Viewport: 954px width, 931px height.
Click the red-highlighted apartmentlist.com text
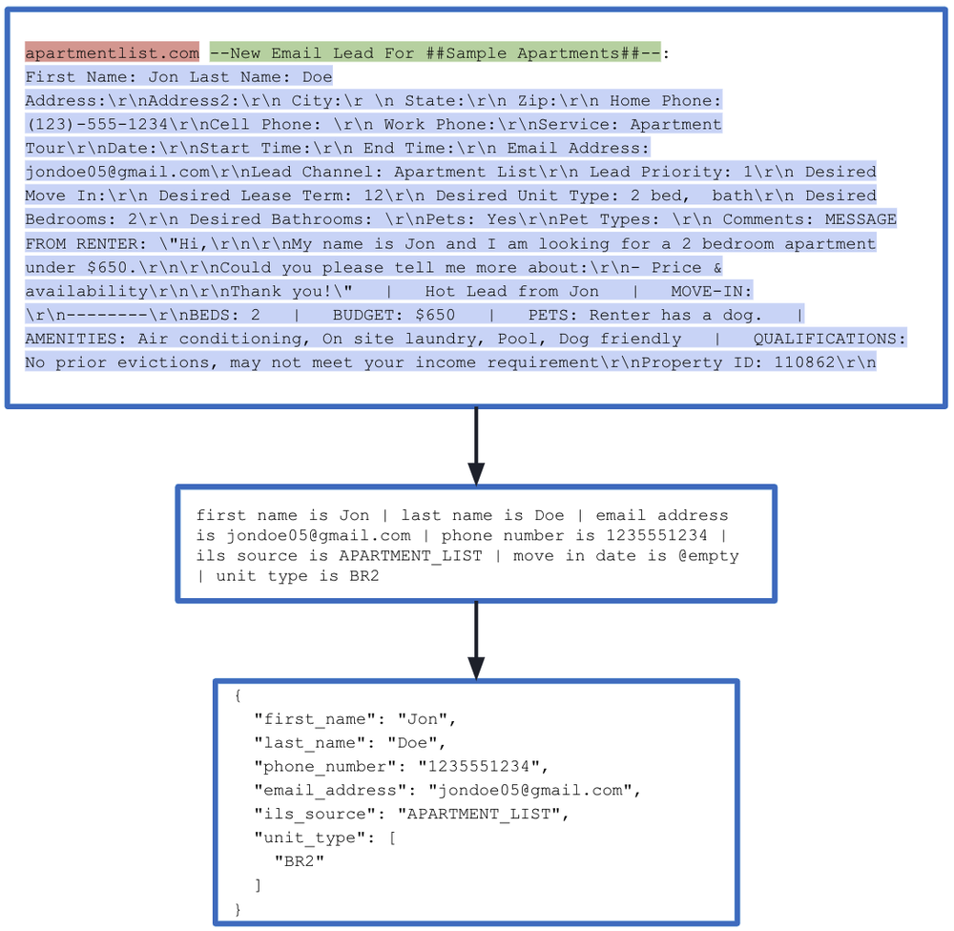(x=112, y=53)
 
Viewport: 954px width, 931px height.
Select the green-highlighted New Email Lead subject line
(x=434, y=53)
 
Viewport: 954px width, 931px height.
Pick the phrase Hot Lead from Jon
(x=511, y=291)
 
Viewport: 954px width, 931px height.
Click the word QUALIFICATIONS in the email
(x=829, y=339)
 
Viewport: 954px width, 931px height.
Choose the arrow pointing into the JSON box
(x=476, y=640)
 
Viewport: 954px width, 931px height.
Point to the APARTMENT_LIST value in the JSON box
(x=478, y=814)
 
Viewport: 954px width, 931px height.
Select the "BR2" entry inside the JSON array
(x=299, y=861)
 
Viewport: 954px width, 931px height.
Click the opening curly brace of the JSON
(x=237, y=695)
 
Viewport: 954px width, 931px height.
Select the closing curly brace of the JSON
(x=237, y=909)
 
